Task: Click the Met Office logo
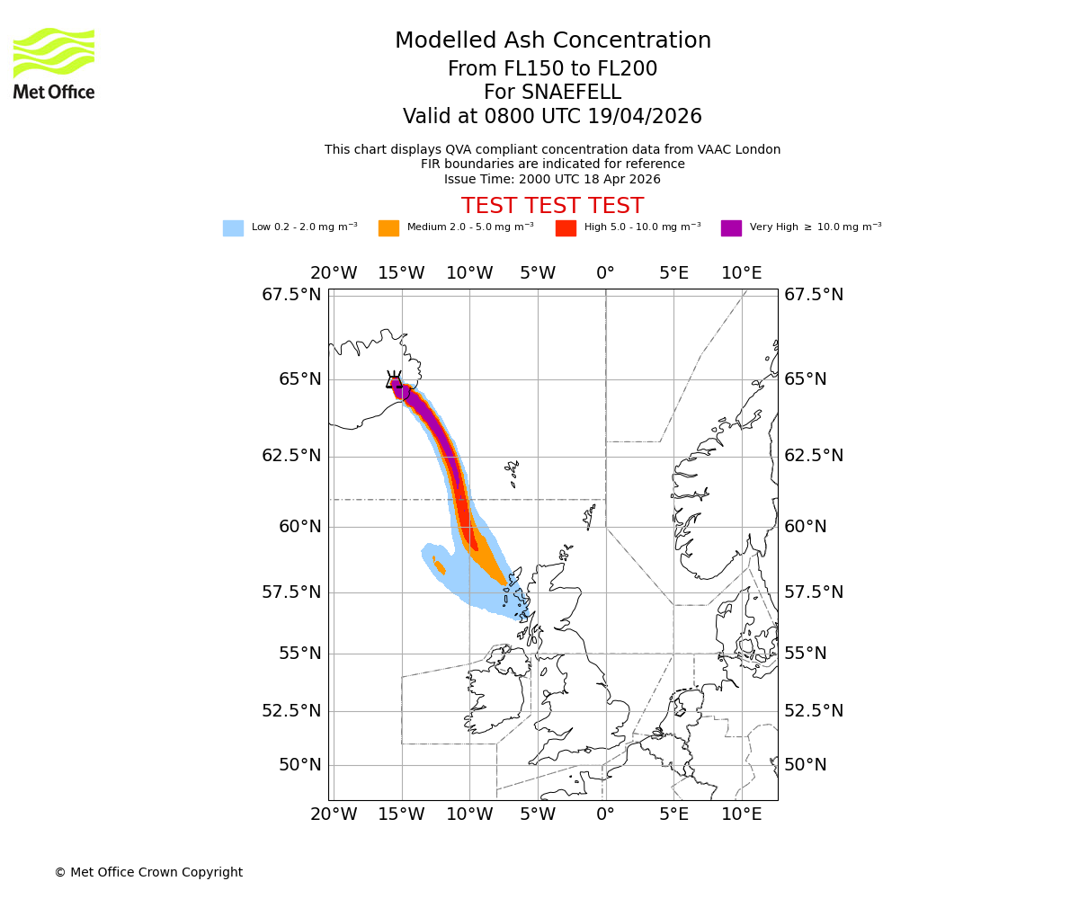pyautogui.click(x=54, y=63)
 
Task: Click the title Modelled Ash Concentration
pyautogui.click(x=552, y=40)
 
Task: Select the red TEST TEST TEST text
pyautogui.click(x=552, y=206)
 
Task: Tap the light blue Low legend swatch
pyautogui.click(x=233, y=227)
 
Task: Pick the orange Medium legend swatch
pyautogui.click(x=388, y=227)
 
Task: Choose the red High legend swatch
pyautogui.click(x=566, y=227)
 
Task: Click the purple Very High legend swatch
pyautogui.click(x=731, y=227)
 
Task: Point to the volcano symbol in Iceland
pyautogui.click(x=394, y=380)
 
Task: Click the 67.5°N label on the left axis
pyautogui.click(x=291, y=295)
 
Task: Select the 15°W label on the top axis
pyautogui.click(x=401, y=273)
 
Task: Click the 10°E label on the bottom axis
pyautogui.click(x=742, y=814)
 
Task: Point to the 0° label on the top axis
pyautogui.click(x=605, y=273)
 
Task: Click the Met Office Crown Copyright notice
pyautogui.click(x=148, y=872)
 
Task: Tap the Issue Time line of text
pyautogui.click(x=552, y=179)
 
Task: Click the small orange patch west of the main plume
pyautogui.click(x=439, y=566)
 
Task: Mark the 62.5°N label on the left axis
pyautogui.click(x=291, y=456)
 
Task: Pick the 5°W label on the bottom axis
pyautogui.click(x=538, y=814)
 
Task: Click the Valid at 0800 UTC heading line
pyautogui.click(x=552, y=117)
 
